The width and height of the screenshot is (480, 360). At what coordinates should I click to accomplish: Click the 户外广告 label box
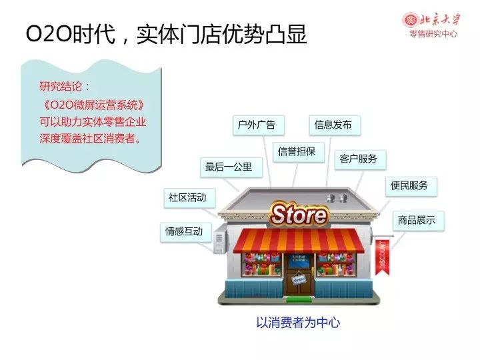[259, 125]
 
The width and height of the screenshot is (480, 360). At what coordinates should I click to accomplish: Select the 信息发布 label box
[335, 125]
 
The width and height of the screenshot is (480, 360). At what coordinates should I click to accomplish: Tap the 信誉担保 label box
[299, 152]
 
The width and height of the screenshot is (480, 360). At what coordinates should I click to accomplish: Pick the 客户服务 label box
[360, 159]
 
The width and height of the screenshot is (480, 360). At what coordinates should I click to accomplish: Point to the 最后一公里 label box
[231, 167]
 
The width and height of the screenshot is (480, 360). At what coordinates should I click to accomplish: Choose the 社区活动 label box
[189, 198]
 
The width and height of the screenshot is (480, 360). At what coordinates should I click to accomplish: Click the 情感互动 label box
[186, 232]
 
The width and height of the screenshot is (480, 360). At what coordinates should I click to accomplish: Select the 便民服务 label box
[411, 186]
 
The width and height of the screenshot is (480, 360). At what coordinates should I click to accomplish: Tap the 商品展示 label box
[419, 221]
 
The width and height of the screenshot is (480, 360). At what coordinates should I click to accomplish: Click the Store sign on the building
[299, 215]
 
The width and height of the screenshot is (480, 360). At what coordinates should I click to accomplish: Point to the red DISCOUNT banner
[383, 257]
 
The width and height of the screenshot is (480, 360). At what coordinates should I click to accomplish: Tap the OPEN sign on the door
[299, 279]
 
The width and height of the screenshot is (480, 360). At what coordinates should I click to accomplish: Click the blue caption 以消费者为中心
[298, 323]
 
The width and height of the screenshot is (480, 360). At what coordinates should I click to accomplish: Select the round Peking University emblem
[411, 20]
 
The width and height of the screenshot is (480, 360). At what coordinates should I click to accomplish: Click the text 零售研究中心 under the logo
[433, 34]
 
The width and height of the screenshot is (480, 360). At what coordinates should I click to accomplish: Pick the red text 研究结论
[61, 87]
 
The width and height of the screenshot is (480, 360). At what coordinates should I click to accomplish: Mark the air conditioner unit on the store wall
[221, 239]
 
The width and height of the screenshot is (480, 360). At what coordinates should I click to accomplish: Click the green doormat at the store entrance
[299, 299]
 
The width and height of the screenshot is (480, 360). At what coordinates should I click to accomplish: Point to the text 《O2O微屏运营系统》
[93, 105]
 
